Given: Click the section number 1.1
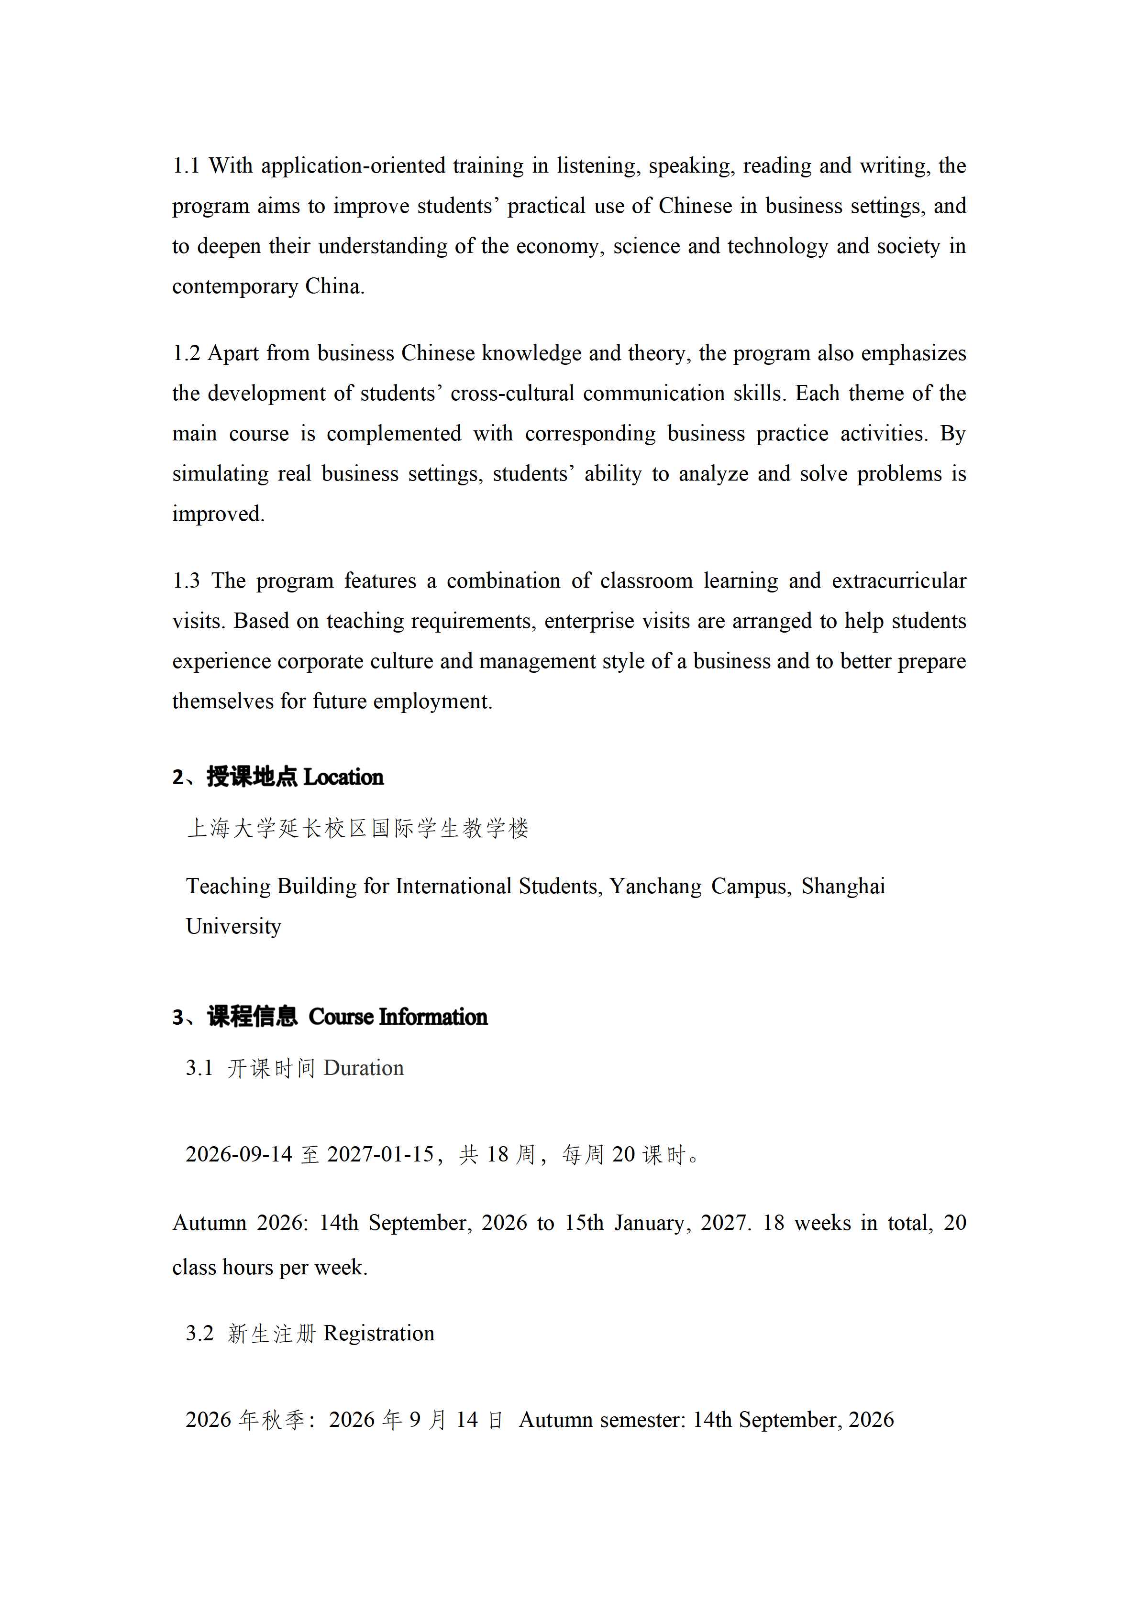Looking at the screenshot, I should pos(186,166).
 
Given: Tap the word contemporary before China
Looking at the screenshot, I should pos(235,287).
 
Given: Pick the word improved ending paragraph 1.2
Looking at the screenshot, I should pos(218,514).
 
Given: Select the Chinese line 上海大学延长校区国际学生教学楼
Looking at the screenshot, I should pos(358,829).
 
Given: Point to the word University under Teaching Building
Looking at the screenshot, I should pos(233,927).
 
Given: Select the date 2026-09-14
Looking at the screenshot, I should pos(238,1155).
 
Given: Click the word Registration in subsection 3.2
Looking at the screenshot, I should pos(379,1334).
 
